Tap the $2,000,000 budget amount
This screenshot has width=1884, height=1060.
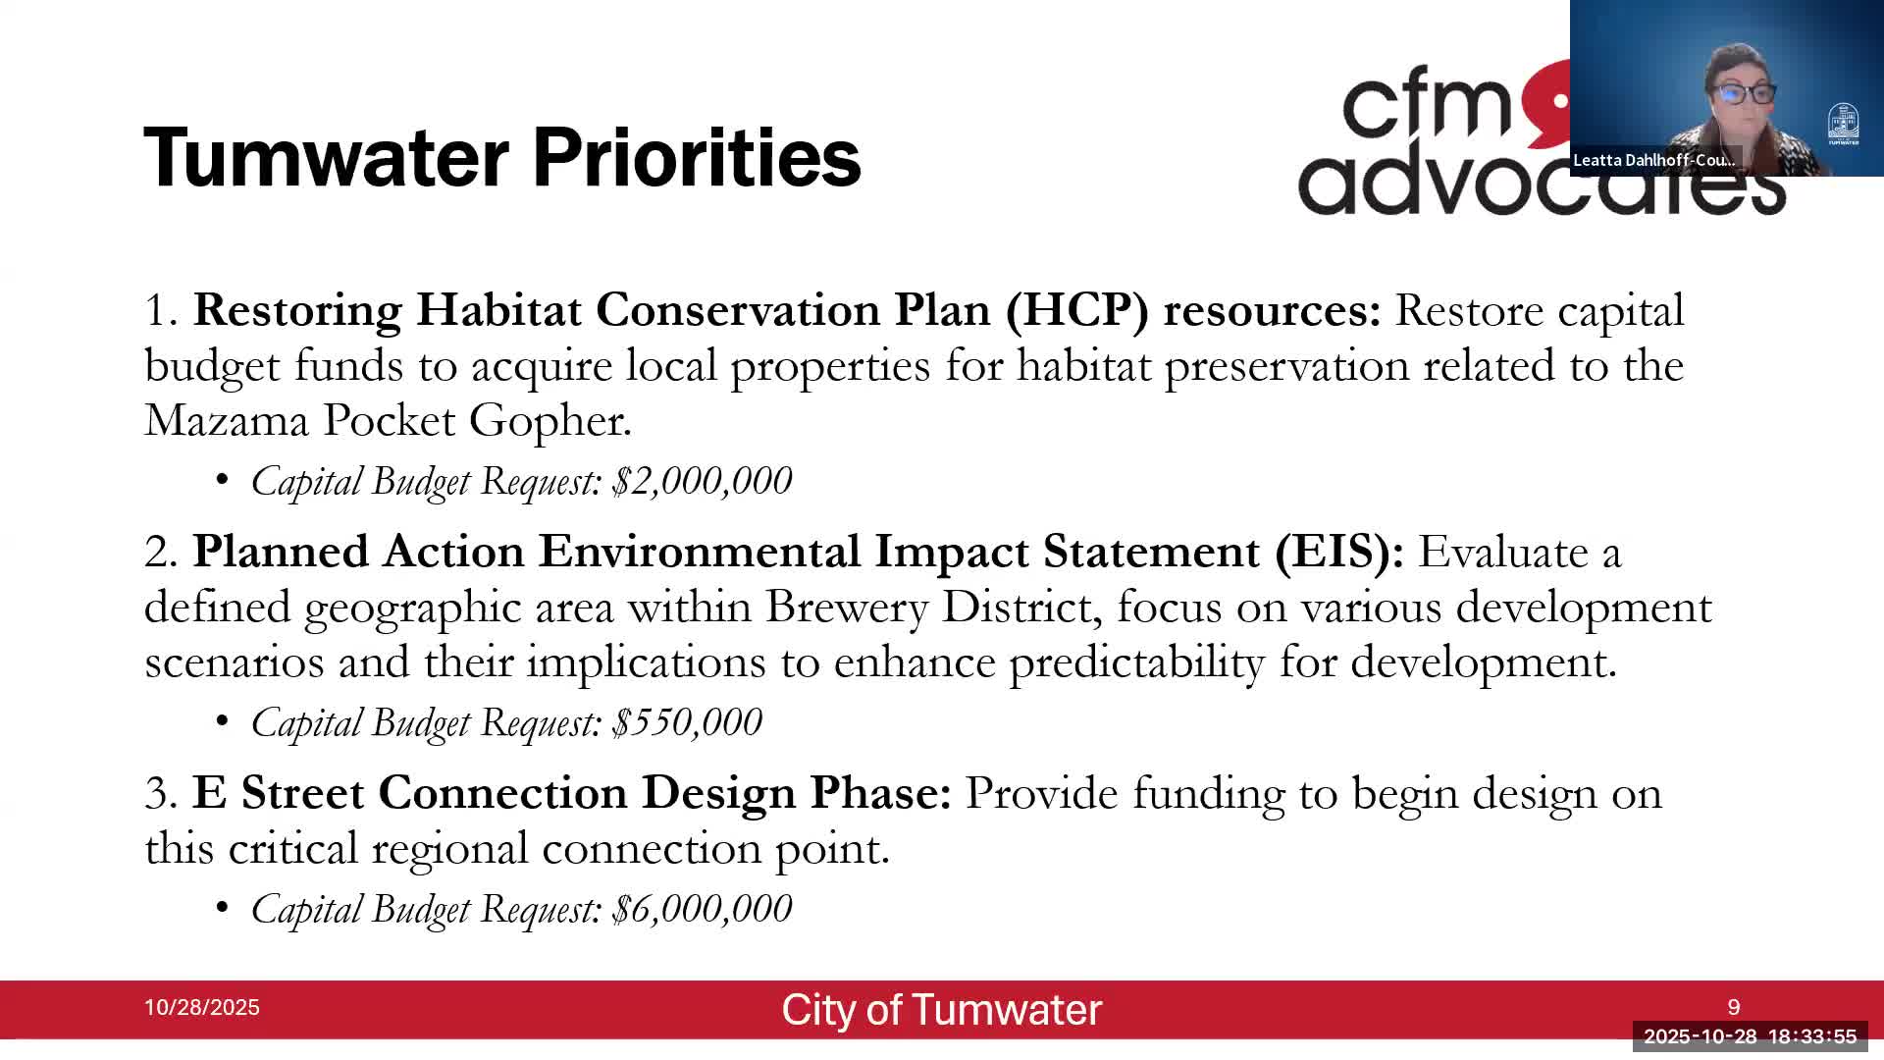(x=702, y=481)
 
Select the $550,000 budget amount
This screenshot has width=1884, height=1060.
(x=687, y=722)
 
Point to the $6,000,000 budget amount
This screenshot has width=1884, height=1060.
(x=702, y=909)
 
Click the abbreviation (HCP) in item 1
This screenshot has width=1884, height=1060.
(x=1076, y=310)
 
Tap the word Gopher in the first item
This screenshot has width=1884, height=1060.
(x=549, y=420)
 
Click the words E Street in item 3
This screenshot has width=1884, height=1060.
(x=278, y=793)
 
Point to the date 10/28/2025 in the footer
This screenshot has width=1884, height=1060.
(x=201, y=1008)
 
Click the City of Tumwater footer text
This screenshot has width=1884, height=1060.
(x=941, y=1010)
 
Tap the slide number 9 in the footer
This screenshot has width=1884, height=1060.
(x=1734, y=1007)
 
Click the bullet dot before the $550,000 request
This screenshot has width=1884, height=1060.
(x=223, y=722)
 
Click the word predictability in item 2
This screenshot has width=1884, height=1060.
(x=1136, y=662)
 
